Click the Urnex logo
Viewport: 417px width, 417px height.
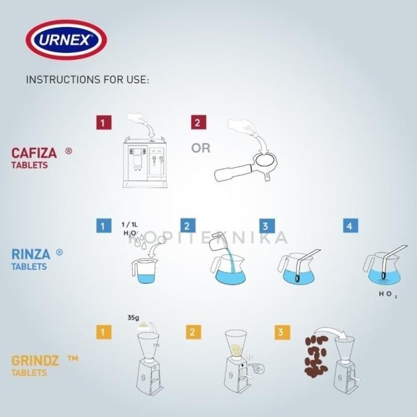[66, 41]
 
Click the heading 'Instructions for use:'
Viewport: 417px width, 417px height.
[88, 80]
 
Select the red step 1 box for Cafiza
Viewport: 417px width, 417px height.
[104, 122]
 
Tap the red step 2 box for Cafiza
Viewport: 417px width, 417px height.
[197, 122]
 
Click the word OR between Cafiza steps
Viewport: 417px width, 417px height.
[200, 149]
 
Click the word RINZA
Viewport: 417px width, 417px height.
[31, 254]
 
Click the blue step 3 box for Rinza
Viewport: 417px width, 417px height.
[266, 226]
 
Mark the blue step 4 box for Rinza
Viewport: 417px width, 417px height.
[350, 226]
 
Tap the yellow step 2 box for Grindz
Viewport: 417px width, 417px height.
[192, 332]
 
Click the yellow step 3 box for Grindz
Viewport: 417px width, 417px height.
[282, 332]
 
